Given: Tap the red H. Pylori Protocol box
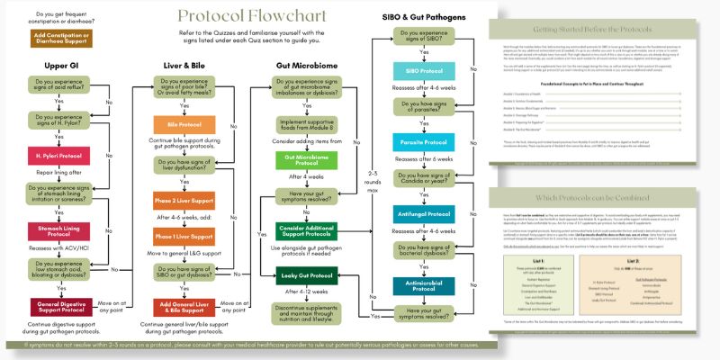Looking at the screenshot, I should pyautogui.click(x=57, y=158).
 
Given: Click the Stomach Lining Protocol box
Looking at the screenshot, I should pyautogui.click(x=57, y=231).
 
